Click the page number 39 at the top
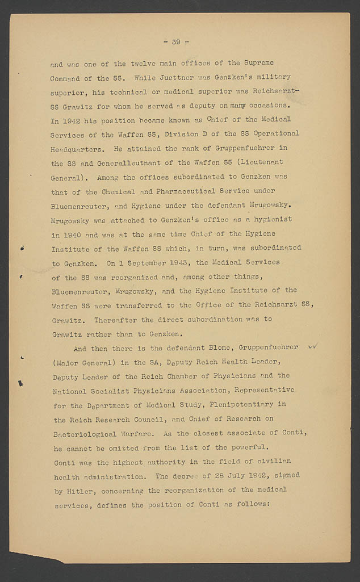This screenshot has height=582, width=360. (176, 41)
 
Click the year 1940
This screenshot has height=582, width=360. (72, 233)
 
